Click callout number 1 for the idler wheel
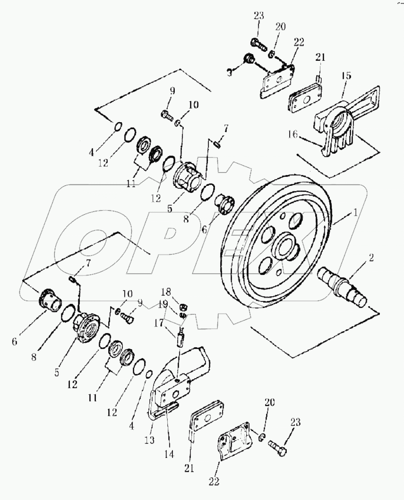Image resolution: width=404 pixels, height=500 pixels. (353, 213)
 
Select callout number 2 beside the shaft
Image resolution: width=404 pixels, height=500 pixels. (371, 258)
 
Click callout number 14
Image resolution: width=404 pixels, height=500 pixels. (169, 455)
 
